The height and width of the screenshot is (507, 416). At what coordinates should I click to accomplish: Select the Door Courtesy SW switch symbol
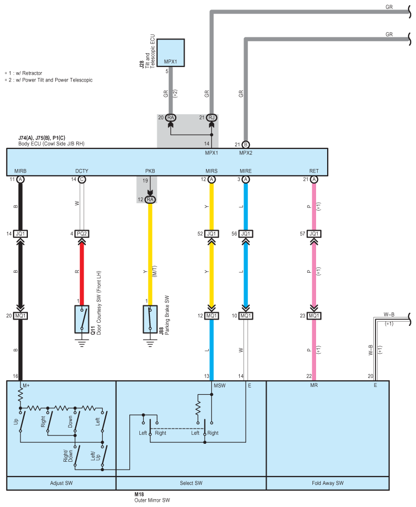pos(82,319)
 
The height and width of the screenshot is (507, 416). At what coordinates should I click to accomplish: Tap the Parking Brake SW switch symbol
pos(150,319)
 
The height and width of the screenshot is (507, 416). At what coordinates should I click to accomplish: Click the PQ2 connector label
pos(82,233)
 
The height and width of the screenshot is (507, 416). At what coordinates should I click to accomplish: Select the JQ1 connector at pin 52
pos(211,233)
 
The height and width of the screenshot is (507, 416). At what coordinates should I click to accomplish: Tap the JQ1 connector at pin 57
pos(314,233)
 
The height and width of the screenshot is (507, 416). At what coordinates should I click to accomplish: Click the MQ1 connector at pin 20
pos(21,316)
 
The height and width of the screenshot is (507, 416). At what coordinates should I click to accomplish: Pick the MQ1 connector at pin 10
pos(245,316)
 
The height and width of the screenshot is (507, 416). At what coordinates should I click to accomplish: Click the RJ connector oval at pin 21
pos(211,117)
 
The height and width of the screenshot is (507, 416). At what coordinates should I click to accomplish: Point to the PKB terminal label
pos(150,171)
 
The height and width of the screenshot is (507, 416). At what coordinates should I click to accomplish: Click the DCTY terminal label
pos(82,171)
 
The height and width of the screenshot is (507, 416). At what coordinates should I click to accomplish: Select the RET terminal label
pos(314,171)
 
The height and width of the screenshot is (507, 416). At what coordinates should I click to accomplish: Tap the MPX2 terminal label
pos(246,153)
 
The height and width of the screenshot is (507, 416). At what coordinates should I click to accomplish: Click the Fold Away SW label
pos(328,483)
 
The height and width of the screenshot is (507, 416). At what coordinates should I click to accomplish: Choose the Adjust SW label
pos(60,483)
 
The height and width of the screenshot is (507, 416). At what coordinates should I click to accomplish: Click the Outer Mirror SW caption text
pos(153,500)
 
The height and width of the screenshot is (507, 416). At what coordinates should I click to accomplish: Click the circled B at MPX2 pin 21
pos(245,144)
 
